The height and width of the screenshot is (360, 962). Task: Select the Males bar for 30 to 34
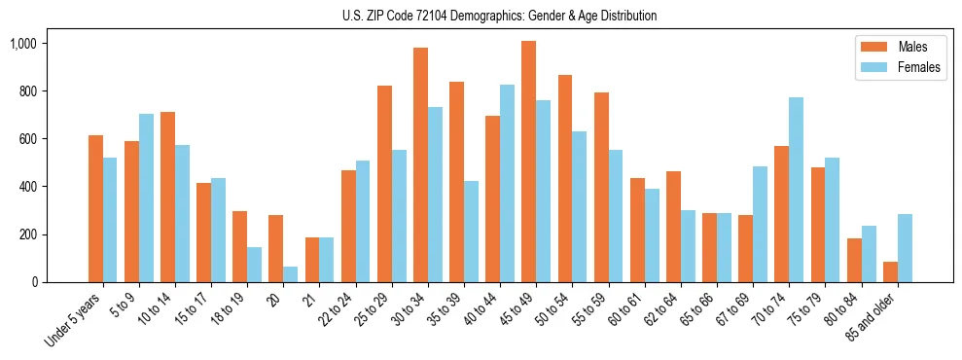[420, 164]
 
